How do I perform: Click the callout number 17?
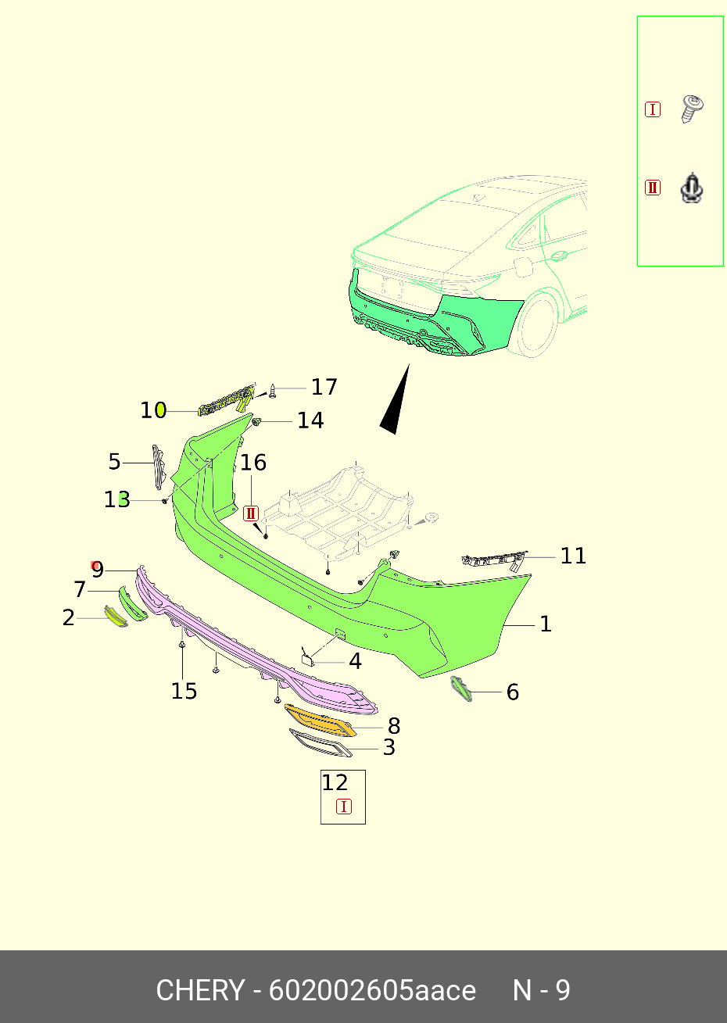point(324,387)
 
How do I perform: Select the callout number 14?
point(310,420)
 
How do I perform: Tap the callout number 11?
point(573,556)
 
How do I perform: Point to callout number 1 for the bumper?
point(546,624)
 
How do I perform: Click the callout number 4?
point(355,662)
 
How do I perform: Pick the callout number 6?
point(513,692)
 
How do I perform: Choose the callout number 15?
point(184,691)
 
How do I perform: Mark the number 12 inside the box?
point(335,782)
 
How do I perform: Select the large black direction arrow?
point(396,402)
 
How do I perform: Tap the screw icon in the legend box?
point(693,109)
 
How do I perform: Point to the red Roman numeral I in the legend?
point(653,109)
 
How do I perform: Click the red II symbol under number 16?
point(251,513)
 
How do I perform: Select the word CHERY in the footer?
point(199,990)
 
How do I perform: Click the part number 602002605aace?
point(372,990)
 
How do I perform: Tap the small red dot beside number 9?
point(95,565)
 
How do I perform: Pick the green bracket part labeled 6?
point(461,689)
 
